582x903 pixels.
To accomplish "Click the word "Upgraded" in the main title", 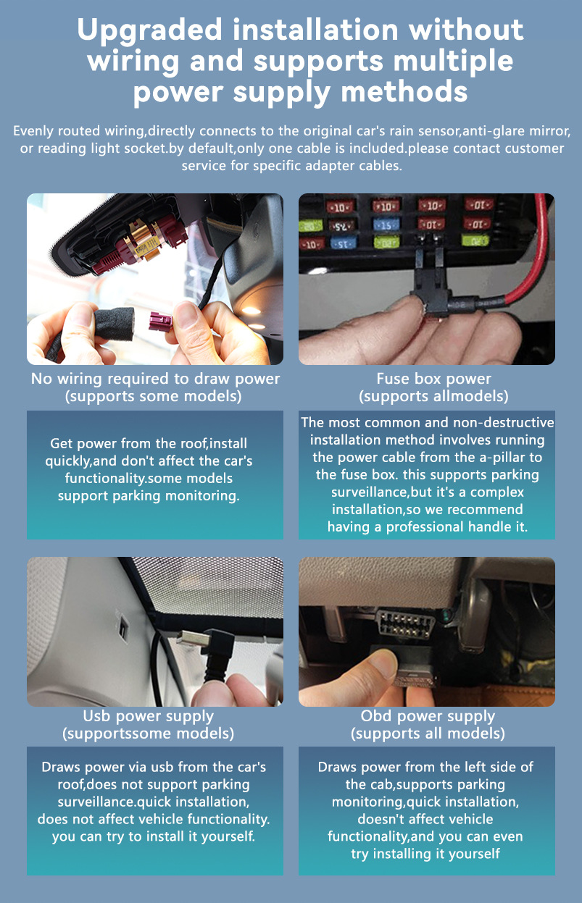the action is click(x=149, y=31).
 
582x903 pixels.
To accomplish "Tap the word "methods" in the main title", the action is click(x=404, y=91).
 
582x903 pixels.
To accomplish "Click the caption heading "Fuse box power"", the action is click(x=433, y=379).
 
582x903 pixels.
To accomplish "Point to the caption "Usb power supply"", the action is click(x=148, y=716).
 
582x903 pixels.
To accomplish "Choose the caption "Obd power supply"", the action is click(x=428, y=716).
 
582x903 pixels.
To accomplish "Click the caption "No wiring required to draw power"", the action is click(x=155, y=379).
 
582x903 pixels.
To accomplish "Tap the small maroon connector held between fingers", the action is click(x=161, y=321).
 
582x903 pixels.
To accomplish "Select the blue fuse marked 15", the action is click(x=386, y=224).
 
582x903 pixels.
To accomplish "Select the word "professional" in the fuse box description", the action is click(x=425, y=526).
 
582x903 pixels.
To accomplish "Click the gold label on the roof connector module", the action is click(x=145, y=245).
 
